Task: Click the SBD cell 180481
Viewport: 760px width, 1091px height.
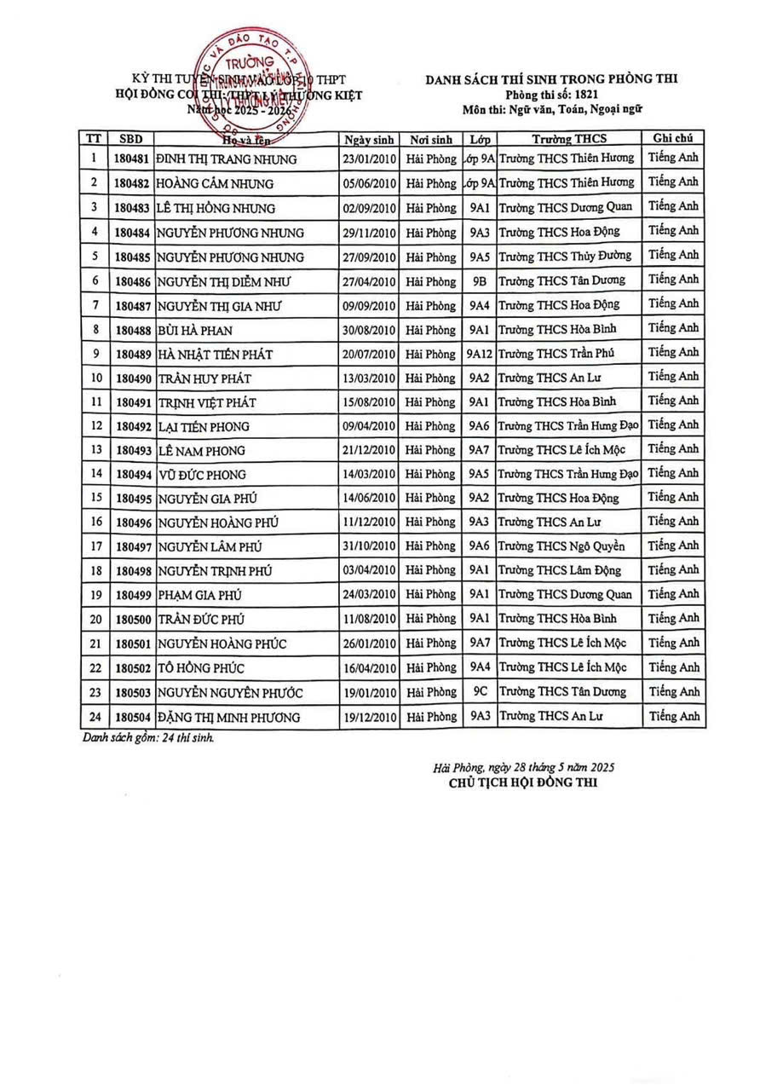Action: [x=132, y=159]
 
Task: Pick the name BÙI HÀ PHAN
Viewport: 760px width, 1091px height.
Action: [x=195, y=330]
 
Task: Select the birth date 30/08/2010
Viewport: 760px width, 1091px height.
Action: [x=369, y=329]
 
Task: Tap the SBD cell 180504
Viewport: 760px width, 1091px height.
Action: [x=132, y=718]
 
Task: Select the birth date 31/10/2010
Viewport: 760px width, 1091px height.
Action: [x=369, y=546]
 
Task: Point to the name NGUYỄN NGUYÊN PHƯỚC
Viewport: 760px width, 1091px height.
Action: [x=230, y=693]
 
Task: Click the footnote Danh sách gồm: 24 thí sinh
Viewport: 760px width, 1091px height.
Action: [x=148, y=737]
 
